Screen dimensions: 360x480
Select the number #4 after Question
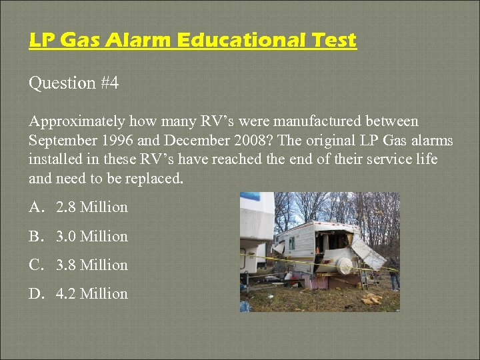click(109, 83)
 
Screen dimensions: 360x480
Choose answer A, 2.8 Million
click(91, 207)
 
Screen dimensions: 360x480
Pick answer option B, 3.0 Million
click(91, 236)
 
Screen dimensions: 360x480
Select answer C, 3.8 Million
click(91, 265)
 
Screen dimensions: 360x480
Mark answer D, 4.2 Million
click(91, 293)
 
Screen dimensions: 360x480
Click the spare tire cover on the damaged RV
click(345, 266)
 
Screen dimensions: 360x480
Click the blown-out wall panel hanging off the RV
click(367, 251)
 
